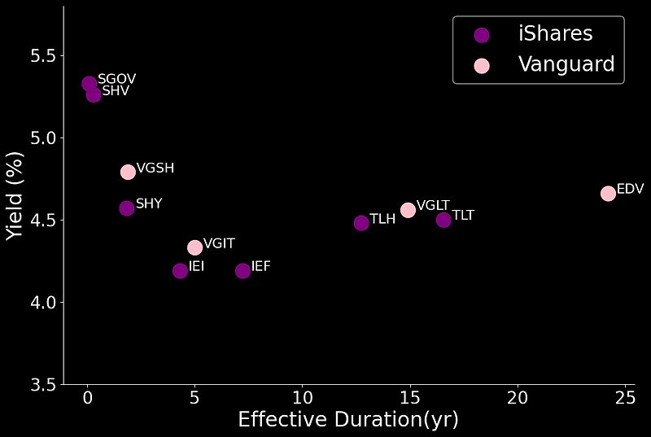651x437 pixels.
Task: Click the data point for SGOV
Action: tap(90, 84)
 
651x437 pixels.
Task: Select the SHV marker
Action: tap(94, 94)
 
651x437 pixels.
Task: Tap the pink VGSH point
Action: tap(128, 172)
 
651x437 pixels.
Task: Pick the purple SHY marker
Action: tap(127, 208)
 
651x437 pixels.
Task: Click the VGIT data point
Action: tap(194, 247)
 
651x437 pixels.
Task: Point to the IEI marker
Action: tap(181, 270)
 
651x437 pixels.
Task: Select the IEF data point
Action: tap(242, 270)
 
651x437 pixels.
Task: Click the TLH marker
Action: tap(361, 223)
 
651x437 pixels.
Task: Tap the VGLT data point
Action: tap(408, 210)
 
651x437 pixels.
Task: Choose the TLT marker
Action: tap(443, 220)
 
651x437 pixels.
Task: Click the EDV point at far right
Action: tap(608, 193)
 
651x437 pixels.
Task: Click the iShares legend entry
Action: tap(537, 34)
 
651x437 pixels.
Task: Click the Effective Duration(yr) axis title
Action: tap(348, 420)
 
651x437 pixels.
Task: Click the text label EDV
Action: tap(631, 189)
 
